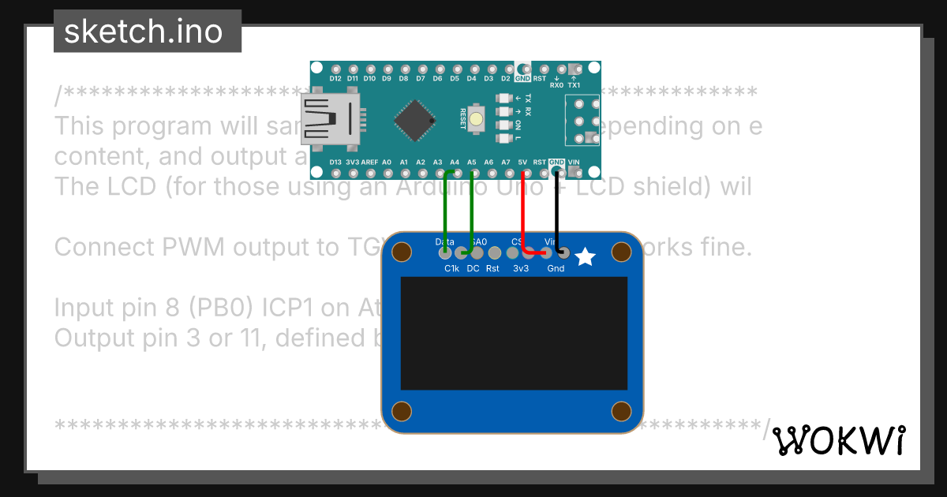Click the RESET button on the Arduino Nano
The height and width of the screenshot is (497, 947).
[x=477, y=120]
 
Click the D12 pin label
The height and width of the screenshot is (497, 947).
[x=335, y=79]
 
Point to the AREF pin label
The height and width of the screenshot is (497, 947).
[x=369, y=162]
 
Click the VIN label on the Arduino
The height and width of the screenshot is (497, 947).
[x=574, y=162]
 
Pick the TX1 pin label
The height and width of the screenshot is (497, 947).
[x=574, y=85]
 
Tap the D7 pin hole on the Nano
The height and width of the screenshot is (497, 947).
[x=421, y=69]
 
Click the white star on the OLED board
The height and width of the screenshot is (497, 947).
[x=585, y=257]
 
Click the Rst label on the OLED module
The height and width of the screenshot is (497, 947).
[x=492, y=268]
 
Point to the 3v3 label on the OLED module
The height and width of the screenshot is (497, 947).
[x=521, y=268]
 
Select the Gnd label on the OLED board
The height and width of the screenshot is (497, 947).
[x=556, y=268]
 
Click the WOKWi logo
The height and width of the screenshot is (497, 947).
[x=838, y=440]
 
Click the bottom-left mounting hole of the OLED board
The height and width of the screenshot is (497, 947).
[x=402, y=411]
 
